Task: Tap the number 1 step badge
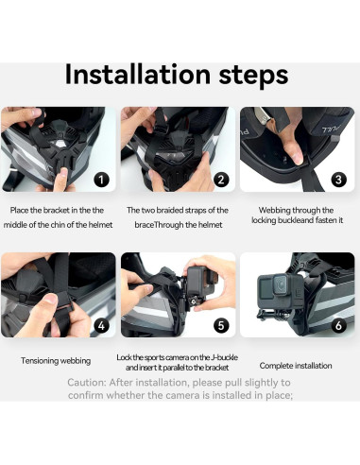[x=102, y=179]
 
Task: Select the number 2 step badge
[x=221, y=179]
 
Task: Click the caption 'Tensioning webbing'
[x=56, y=360]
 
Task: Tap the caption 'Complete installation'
[x=295, y=364]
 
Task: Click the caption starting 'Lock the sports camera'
[x=178, y=361]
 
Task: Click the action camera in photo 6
[x=280, y=294]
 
